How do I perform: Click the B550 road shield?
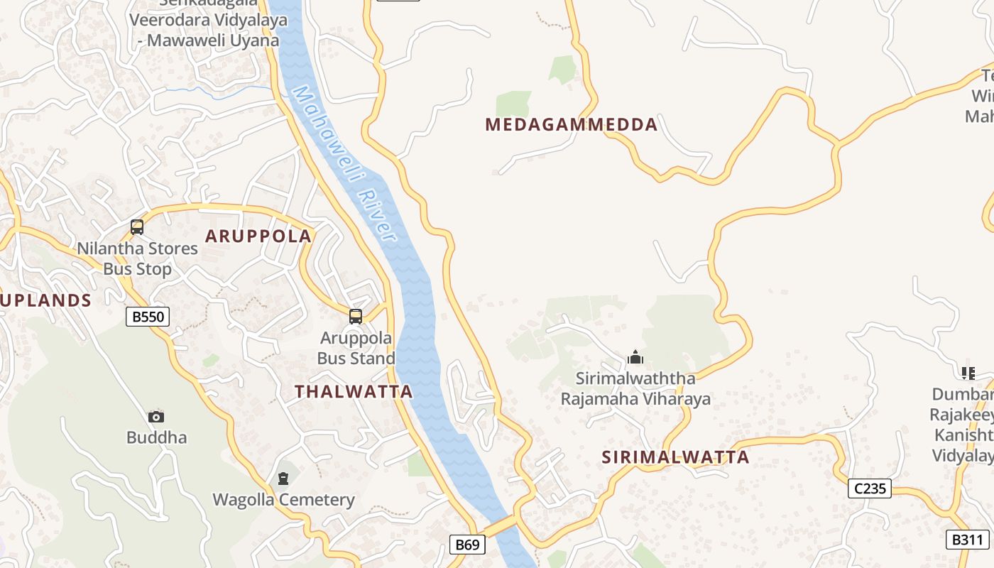(x=148, y=317)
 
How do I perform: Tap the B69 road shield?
(x=468, y=545)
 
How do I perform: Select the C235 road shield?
(x=870, y=488)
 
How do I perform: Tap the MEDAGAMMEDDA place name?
(x=572, y=125)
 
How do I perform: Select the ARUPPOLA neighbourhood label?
(x=258, y=236)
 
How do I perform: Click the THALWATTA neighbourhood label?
(x=354, y=391)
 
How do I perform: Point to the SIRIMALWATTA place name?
(x=675, y=457)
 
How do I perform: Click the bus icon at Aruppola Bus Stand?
(x=356, y=317)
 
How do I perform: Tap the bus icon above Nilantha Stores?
(x=137, y=227)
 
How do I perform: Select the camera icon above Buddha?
(x=156, y=417)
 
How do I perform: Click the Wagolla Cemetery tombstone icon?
(x=283, y=479)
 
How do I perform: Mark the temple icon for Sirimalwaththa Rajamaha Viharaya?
(x=635, y=356)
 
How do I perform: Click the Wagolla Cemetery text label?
(x=283, y=500)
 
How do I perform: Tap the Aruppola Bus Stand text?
(x=356, y=348)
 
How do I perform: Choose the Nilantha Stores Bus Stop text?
(x=137, y=258)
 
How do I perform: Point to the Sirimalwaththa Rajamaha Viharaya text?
(x=635, y=388)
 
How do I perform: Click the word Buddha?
(x=156, y=437)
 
